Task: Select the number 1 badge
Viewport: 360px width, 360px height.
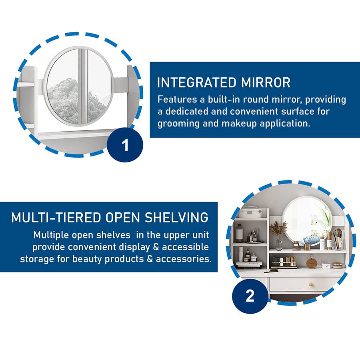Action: [125, 145]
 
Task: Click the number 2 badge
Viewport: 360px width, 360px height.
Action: [250, 296]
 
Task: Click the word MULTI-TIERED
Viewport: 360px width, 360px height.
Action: [56, 217]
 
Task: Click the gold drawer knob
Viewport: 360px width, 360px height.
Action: [311, 285]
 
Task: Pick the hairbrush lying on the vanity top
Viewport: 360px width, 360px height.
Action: [271, 271]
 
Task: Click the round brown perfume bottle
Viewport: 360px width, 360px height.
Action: [310, 263]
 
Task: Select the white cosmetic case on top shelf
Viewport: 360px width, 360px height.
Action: [250, 213]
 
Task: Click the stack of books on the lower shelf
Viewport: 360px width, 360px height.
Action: [249, 265]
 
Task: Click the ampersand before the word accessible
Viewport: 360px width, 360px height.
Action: [156, 247]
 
